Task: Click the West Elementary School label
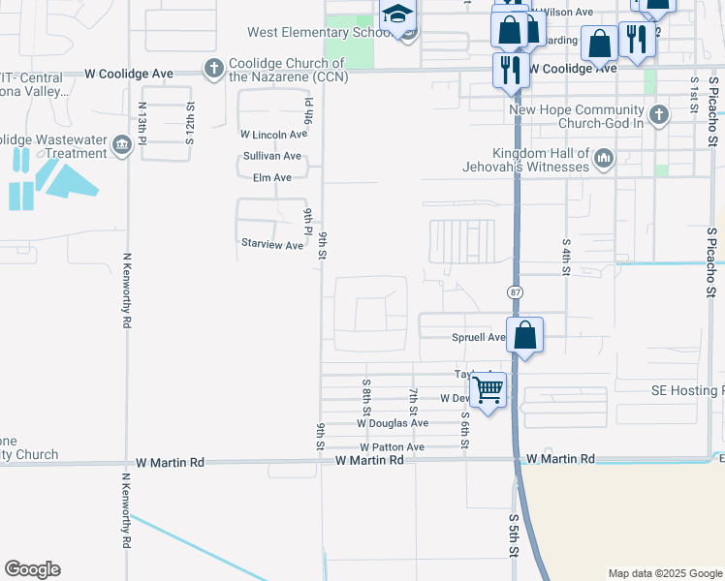click(318, 32)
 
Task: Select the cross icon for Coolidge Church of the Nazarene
click(213, 68)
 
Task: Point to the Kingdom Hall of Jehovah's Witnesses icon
click(603, 158)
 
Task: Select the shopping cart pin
click(489, 390)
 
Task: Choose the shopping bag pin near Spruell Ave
click(524, 335)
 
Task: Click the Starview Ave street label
click(272, 245)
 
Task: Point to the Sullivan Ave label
click(271, 156)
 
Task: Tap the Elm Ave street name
click(271, 178)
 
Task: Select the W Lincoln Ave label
click(273, 134)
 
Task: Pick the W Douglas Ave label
click(392, 423)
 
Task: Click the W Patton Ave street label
click(392, 447)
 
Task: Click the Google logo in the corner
click(32, 569)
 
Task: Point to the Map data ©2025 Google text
click(664, 573)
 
